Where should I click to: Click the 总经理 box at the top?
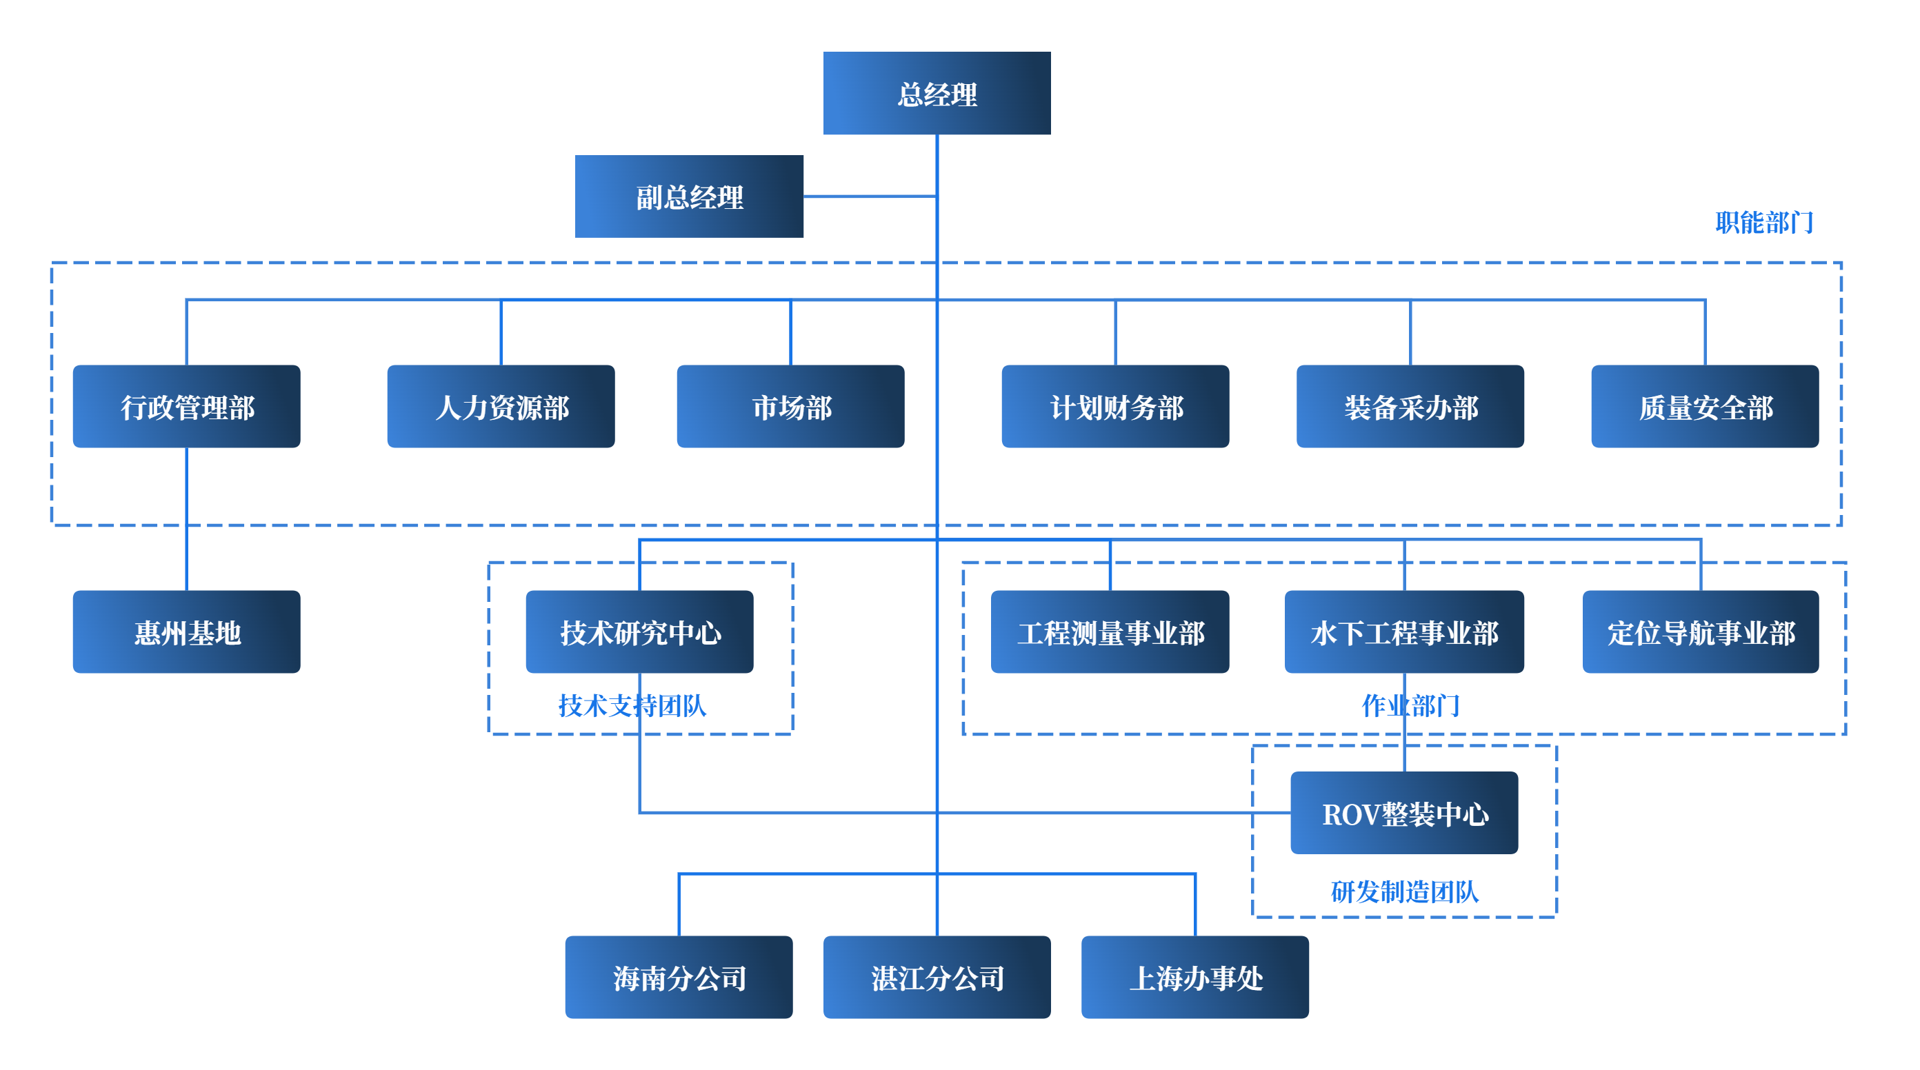pos(936,93)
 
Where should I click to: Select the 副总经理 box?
pos(689,196)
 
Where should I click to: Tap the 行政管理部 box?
pos(186,407)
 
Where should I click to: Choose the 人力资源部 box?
pos(500,407)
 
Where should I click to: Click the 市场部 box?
pos(790,407)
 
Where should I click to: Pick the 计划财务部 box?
pos(1115,407)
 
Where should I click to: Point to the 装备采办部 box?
pos(1410,407)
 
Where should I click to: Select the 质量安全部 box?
pos(1705,407)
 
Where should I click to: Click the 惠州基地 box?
pos(186,633)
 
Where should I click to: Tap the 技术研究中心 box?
pos(639,633)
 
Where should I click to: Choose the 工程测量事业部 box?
pos(1110,633)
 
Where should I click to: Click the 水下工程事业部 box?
pos(1404,633)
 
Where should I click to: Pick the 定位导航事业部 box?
pos(1700,633)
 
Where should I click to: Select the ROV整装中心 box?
pos(1404,814)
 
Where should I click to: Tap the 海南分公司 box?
pos(678,978)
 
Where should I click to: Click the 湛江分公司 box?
pos(936,978)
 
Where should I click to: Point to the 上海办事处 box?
pos(1194,978)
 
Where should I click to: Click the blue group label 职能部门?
pos(1763,222)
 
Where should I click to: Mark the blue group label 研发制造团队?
pos(1404,892)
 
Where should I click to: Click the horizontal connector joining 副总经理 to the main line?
pos(869,196)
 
